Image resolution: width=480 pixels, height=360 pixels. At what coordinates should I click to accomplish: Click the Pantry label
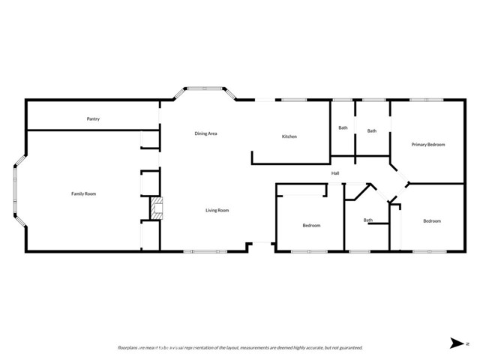93,118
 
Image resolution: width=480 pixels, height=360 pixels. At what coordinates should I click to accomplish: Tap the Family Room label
83,194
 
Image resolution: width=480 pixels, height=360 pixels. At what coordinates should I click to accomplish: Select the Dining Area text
205,133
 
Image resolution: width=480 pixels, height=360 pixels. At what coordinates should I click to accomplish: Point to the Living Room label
217,211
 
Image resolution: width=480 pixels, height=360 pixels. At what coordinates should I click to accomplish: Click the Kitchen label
289,136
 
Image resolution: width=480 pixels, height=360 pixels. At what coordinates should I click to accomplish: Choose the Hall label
336,175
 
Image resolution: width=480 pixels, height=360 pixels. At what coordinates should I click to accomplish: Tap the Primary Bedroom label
428,144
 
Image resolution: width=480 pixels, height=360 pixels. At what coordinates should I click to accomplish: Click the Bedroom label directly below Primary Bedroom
431,221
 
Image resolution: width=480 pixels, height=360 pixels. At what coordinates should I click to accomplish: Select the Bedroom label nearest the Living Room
312,226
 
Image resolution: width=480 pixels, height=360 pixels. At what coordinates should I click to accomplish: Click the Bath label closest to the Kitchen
343,127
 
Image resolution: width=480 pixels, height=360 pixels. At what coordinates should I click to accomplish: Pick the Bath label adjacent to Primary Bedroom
371,131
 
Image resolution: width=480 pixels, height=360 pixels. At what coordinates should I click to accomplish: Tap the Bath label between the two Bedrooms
368,220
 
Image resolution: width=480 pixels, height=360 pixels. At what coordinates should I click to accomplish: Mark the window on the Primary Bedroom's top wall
424,100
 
